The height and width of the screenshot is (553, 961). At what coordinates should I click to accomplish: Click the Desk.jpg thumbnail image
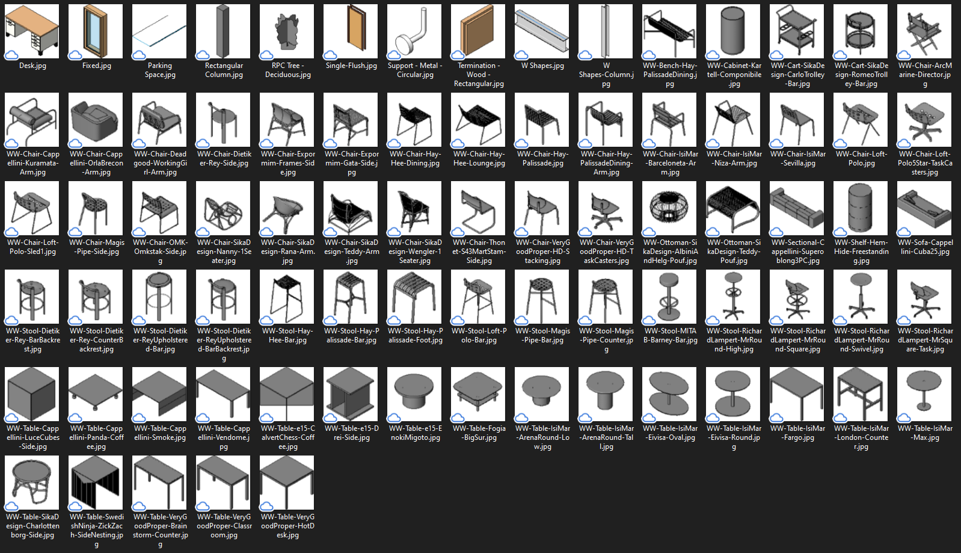[x=32, y=31]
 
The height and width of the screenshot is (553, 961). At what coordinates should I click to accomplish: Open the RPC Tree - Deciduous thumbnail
[x=287, y=31]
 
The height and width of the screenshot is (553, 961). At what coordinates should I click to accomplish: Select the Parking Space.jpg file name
[x=159, y=70]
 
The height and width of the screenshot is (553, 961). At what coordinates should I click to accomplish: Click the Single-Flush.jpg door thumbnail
[x=351, y=31]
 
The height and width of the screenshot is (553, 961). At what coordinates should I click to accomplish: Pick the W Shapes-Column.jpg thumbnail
[x=606, y=31]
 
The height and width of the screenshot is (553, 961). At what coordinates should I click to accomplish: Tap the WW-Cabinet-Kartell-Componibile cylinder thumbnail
[x=733, y=31]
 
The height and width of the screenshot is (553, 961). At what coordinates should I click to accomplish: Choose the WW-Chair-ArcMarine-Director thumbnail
[x=924, y=31]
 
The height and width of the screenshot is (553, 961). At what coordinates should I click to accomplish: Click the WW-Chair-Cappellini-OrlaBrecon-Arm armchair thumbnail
[x=96, y=120]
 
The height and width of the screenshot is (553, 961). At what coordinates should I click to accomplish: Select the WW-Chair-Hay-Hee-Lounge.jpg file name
[x=479, y=158]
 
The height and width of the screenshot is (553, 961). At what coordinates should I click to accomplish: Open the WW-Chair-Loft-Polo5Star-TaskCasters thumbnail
[x=924, y=120]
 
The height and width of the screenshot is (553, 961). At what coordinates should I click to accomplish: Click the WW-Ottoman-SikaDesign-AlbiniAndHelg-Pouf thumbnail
[x=669, y=208]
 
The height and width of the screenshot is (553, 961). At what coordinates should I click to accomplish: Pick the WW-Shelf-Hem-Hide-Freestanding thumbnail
[x=861, y=208]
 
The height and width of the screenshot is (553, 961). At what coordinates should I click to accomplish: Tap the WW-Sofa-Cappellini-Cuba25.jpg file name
[x=925, y=247]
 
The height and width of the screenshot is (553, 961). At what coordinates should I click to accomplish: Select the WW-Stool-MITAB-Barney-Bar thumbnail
[x=669, y=297]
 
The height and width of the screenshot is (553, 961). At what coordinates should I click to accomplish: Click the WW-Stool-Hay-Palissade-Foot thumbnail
[x=414, y=297]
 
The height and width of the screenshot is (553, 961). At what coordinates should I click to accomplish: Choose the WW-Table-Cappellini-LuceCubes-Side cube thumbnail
[x=32, y=394]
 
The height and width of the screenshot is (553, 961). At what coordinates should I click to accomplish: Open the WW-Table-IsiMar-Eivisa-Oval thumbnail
[x=669, y=394]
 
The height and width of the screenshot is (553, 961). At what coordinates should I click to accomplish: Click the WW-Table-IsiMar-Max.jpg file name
[x=925, y=433]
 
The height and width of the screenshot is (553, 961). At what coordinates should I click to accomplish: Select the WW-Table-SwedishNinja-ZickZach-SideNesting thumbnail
[x=96, y=483]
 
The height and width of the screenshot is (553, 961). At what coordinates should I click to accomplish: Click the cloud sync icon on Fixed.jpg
[x=75, y=55]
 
